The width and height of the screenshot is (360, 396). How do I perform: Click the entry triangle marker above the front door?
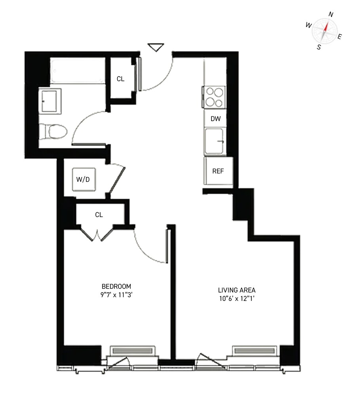[156, 47]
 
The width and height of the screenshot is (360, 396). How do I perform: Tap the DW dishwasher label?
[215, 119]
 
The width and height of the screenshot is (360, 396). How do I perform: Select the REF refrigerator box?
[219, 171]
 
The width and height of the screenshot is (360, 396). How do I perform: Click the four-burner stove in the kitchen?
[214, 97]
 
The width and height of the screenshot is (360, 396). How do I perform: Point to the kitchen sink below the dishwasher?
[214, 141]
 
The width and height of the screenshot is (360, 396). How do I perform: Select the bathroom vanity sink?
[50, 101]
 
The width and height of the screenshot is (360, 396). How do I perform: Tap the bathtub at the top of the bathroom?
[78, 70]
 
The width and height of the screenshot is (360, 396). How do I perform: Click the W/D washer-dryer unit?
[84, 179]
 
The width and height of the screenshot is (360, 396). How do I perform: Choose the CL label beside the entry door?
[120, 79]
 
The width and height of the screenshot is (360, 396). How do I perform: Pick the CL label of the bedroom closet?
[99, 215]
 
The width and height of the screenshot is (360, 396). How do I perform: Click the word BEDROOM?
[116, 286]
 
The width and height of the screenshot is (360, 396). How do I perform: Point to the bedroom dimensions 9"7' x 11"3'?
[116, 295]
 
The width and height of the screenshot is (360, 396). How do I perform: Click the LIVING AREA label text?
[237, 290]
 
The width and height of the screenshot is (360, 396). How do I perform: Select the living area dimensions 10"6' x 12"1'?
[237, 299]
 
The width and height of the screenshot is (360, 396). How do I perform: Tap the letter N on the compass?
[331, 15]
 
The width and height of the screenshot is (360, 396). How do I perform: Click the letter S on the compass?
[319, 47]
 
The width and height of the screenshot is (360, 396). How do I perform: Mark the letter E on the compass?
[339, 36]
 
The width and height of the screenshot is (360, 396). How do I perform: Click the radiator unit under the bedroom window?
[133, 351]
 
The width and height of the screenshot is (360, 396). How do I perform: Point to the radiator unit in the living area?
[255, 351]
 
